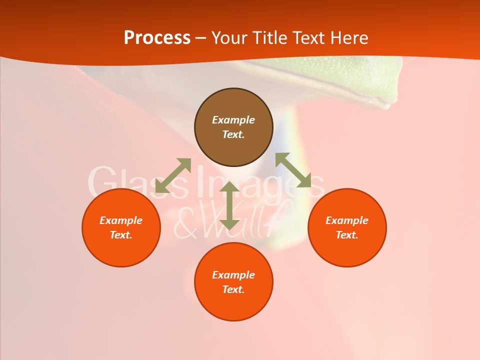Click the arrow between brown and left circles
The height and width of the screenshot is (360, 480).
coord(173,175)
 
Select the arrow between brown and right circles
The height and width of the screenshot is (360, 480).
coord(293,170)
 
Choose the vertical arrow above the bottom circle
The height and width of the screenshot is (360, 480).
coord(229,206)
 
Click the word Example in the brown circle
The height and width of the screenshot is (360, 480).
coord(233,120)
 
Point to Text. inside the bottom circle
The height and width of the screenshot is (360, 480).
coord(233,289)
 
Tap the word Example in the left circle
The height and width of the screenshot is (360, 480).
coord(121,220)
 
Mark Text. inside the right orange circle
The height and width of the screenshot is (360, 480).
coord(347,235)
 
